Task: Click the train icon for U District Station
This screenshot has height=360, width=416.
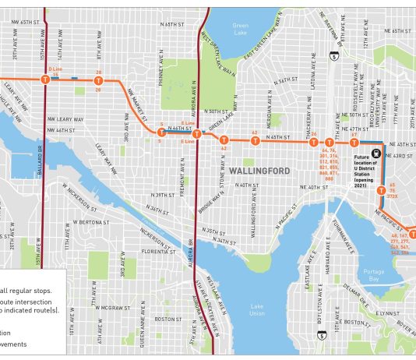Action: point(377,154)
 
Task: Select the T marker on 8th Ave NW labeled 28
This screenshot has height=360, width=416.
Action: point(98,79)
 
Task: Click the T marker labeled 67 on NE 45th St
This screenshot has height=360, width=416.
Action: point(353,143)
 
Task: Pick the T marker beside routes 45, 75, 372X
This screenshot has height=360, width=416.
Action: point(381,190)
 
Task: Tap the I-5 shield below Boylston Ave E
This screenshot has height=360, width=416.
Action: point(322,336)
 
